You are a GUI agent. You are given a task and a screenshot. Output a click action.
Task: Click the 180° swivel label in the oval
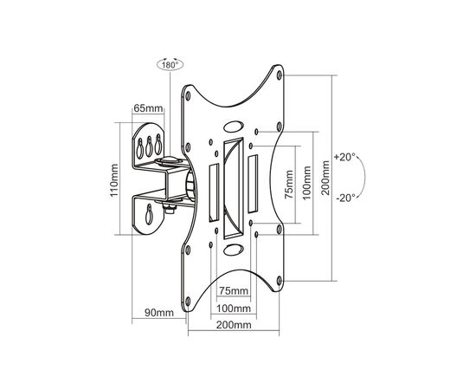[x=170, y=65]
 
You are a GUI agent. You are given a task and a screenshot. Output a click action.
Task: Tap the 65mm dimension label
[x=148, y=108]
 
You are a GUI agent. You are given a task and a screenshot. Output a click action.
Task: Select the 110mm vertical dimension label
[x=114, y=180]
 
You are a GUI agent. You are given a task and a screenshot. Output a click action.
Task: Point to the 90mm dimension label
[x=159, y=312]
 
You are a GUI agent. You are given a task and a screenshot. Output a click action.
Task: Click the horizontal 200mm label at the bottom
[x=234, y=325]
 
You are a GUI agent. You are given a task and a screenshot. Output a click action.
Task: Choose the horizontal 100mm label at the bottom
[x=234, y=309]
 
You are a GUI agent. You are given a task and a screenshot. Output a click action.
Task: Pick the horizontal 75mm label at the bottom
[x=234, y=291]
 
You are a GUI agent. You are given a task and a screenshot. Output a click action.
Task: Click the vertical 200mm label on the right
[x=325, y=178]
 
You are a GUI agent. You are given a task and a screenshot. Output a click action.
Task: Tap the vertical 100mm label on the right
[x=307, y=183]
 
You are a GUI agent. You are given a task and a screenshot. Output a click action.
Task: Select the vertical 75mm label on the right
[x=289, y=185]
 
